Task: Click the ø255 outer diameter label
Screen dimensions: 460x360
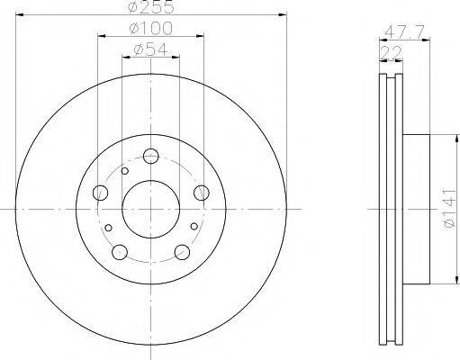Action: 151,6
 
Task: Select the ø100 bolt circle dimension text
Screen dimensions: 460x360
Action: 151,28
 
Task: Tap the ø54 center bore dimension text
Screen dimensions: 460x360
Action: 150,49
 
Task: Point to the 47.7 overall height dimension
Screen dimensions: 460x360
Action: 404,31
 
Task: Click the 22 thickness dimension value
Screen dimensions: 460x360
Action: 391,53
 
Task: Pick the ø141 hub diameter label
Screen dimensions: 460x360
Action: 449,209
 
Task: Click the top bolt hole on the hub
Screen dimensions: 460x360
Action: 150,156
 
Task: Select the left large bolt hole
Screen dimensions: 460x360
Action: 101,193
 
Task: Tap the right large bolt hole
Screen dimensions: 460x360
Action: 202,193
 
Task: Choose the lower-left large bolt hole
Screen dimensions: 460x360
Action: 120,252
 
